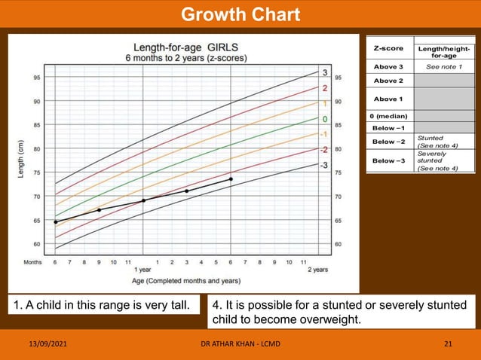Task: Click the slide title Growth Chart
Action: [240, 14]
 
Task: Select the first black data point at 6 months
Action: [55, 222]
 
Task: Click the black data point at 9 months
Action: [99, 210]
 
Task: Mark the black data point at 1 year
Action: [143, 201]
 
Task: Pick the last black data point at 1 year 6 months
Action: [231, 179]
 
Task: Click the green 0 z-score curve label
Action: [324, 119]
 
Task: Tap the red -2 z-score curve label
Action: [324, 150]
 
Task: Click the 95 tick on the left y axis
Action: [37, 77]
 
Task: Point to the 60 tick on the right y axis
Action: [339, 245]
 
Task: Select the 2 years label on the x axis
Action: [319, 270]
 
